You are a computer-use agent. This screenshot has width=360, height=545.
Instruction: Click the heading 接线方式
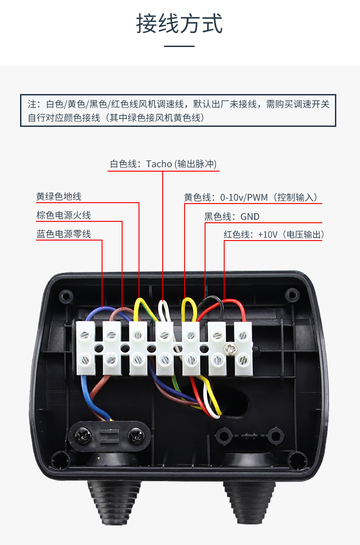(x=180, y=24)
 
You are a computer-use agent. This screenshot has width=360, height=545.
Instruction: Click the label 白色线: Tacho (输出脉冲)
(x=163, y=164)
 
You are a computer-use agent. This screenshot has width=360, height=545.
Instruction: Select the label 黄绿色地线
(x=59, y=197)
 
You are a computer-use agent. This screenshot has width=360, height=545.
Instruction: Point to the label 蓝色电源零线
(x=63, y=234)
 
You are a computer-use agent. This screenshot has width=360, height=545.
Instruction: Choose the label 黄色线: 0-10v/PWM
(x=250, y=198)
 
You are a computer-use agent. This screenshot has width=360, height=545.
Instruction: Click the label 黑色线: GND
(x=231, y=217)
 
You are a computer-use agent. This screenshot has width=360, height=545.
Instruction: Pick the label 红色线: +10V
(x=273, y=235)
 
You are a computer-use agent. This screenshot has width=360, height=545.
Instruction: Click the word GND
(x=250, y=217)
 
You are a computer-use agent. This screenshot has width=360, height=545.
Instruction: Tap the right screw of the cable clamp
(x=135, y=435)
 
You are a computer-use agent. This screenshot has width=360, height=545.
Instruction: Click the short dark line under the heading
(x=179, y=46)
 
